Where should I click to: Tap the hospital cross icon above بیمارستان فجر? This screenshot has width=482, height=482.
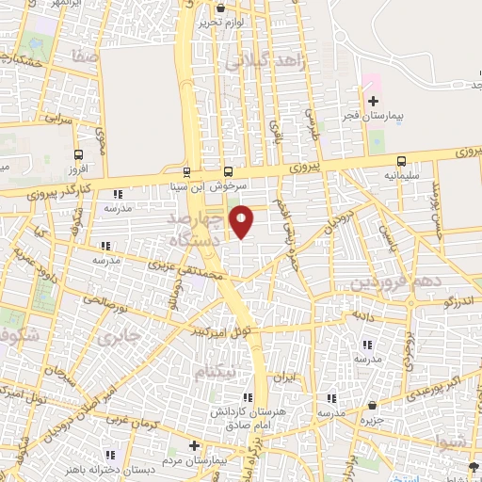(373, 101)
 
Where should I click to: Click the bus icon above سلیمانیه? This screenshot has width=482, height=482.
(402, 161)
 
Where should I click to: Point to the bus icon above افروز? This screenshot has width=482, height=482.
(78, 156)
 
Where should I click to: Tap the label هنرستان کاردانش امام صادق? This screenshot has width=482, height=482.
(249, 419)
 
